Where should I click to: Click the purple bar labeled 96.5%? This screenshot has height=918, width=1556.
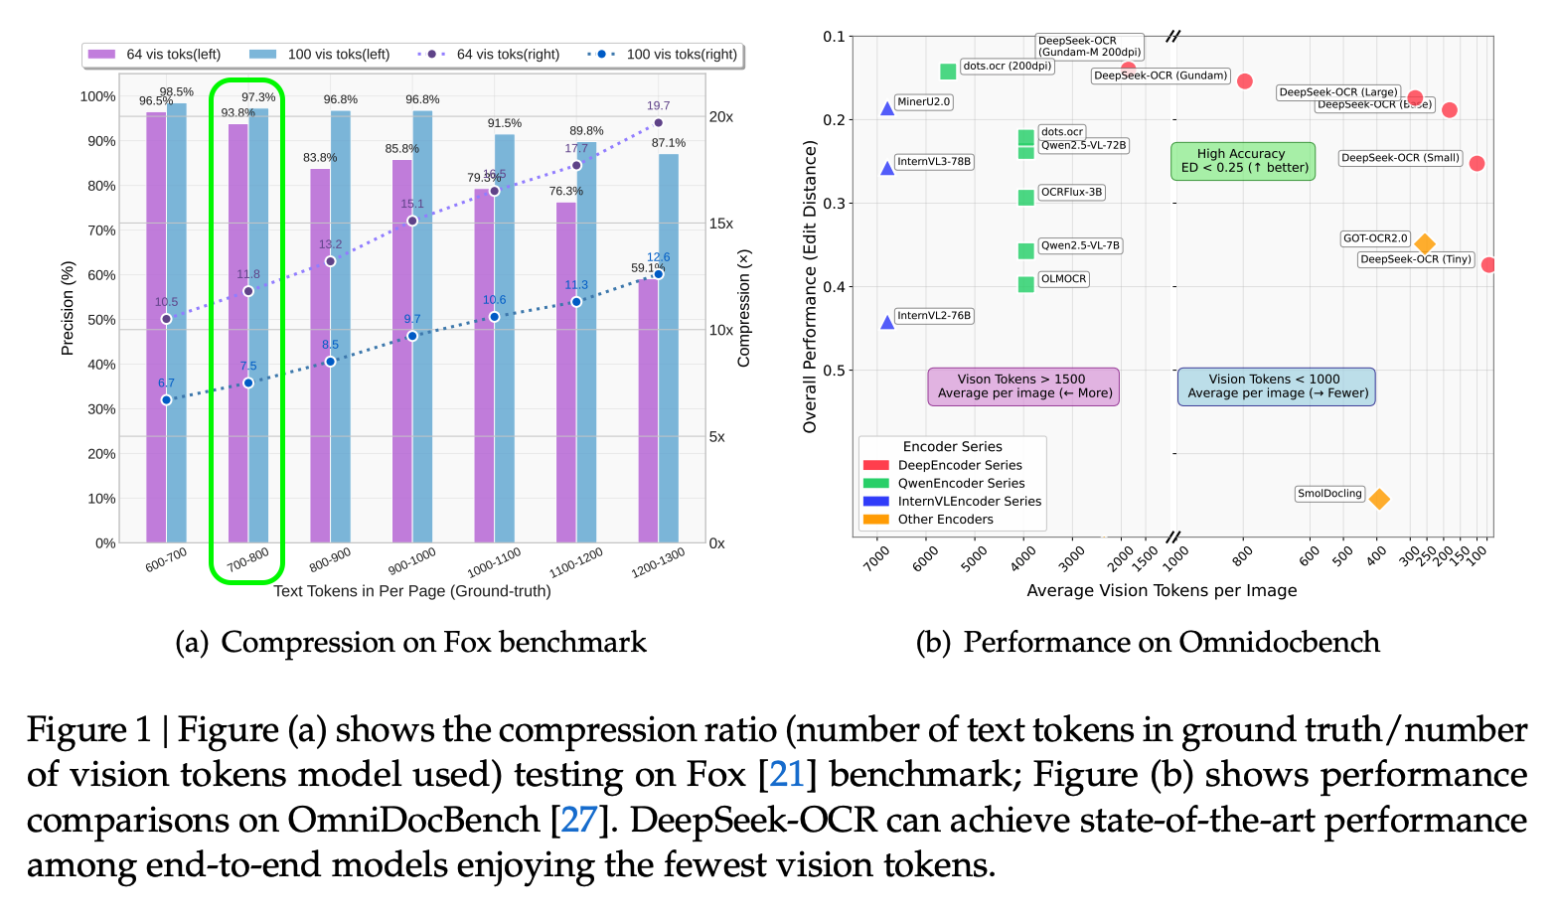pos(156,328)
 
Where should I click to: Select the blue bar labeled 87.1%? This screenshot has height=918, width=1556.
pos(669,348)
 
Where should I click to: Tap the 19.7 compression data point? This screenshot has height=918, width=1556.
pos(658,123)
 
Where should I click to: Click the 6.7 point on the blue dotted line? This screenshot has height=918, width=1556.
pos(166,399)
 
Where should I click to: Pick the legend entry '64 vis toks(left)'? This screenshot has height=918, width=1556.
pos(155,55)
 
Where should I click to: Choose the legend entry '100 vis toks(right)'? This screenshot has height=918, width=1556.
pos(663,55)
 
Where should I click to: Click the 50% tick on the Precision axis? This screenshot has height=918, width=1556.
pos(102,320)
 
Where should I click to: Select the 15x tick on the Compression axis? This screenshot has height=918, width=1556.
pos(720,224)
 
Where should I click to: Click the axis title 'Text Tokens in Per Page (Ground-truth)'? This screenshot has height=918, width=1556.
pos(411,591)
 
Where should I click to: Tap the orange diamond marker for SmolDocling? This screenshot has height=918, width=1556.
pos(1378,499)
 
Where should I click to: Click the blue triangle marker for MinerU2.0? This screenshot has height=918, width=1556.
pos(887,108)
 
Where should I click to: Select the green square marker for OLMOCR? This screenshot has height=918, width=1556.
pos(1025,284)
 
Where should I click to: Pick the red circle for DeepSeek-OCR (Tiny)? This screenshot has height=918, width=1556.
pos(1487,264)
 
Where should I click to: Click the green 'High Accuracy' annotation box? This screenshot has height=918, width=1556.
pos(1243,161)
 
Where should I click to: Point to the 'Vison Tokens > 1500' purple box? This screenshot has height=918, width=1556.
pos(1022,386)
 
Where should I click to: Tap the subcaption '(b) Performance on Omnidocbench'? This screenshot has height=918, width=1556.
pos(1147,643)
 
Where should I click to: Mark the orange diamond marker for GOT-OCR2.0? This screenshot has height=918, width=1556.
pos(1424,243)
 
